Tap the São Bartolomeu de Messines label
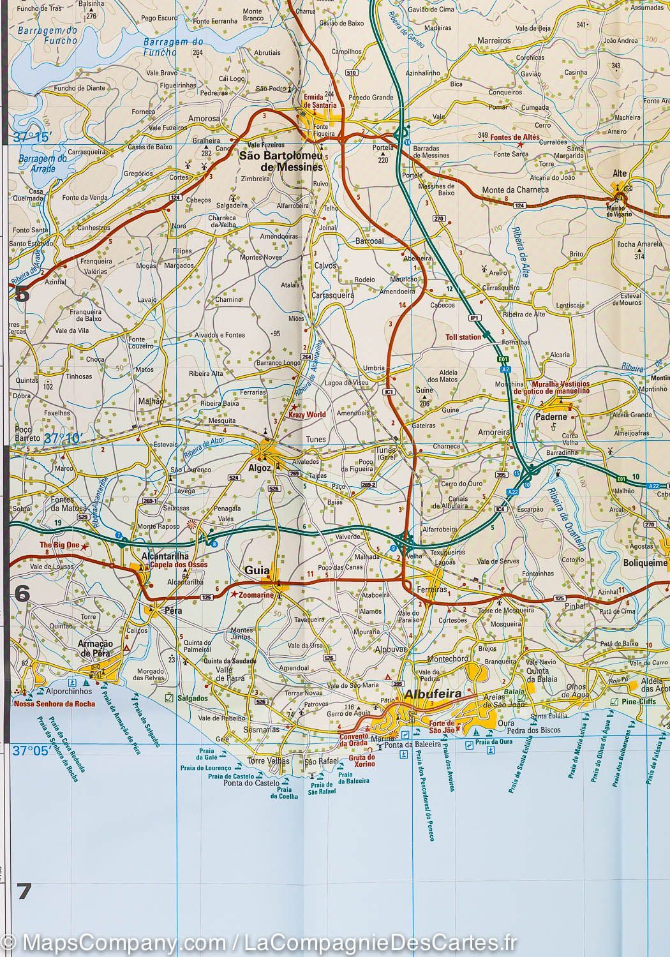(x=281, y=161)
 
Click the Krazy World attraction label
(x=307, y=415)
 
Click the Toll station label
(x=463, y=337)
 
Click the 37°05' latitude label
(x=31, y=751)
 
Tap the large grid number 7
(x=24, y=891)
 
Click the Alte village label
(x=619, y=174)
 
